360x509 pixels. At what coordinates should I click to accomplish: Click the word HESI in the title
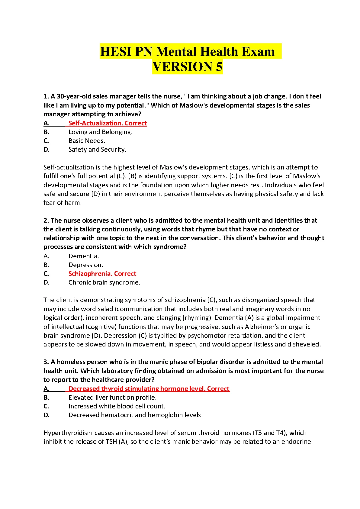point(116,52)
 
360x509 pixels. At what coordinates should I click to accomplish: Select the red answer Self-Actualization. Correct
point(108,123)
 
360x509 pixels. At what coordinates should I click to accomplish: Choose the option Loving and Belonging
point(100,132)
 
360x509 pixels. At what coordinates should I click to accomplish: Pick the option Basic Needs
point(87,141)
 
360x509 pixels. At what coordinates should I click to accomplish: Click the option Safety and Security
point(97,150)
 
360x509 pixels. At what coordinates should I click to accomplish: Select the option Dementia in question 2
point(84,256)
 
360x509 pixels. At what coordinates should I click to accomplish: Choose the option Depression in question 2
point(86,265)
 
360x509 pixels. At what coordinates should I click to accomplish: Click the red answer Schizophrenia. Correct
point(102,274)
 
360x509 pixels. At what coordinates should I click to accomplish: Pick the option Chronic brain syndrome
point(104,282)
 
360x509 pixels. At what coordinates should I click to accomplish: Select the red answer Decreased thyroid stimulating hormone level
point(149,389)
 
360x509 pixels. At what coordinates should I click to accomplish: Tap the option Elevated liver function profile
point(112,398)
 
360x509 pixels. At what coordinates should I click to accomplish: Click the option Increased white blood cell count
point(117,406)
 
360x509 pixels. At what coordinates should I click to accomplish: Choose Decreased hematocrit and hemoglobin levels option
point(136,415)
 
